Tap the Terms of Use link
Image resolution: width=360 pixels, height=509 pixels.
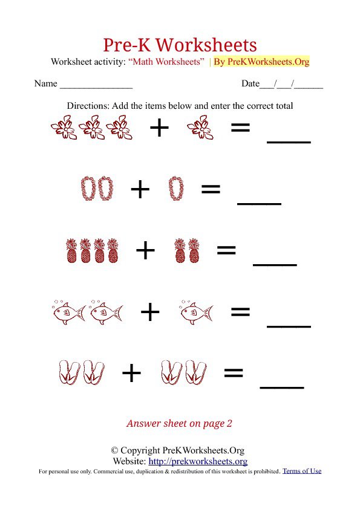point(302,471)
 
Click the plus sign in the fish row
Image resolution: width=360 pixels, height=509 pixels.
point(149,313)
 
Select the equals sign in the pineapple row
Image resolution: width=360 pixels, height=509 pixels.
point(226,250)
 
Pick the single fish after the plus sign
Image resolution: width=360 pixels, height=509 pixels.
point(196,313)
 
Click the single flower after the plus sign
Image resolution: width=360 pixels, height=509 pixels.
point(197,128)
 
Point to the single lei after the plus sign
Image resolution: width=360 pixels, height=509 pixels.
point(175,189)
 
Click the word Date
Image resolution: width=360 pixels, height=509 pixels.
point(250,84)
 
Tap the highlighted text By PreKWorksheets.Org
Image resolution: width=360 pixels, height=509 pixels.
point(261,62)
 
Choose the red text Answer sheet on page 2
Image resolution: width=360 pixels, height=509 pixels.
point(179,424)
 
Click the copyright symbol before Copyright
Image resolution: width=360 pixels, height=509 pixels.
point(114,451)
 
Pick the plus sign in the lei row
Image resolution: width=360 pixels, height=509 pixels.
point(140,190)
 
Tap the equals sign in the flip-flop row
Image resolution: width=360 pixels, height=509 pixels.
point(233,373)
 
